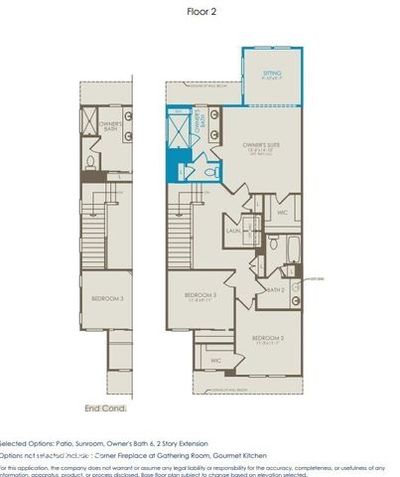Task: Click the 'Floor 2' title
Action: click(x=200, y=12)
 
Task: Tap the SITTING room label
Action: click(x=271, y=74)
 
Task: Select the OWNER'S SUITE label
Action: click(x=260, y=146)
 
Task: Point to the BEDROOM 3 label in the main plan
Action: click(x=200, y=295)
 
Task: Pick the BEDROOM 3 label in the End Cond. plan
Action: click(x=107, y=298)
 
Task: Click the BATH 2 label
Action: click(x=276, y=289)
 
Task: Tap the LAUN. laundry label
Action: click(x=234, y=231)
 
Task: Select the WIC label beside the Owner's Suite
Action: click(x=282, y=212)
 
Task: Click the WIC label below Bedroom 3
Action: click(x=215, y=360)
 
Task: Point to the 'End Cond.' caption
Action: click(x=105, y=407)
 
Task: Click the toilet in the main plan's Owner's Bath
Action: click(x=208, y=171)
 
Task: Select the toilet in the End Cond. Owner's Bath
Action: click(x=89, y=162)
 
